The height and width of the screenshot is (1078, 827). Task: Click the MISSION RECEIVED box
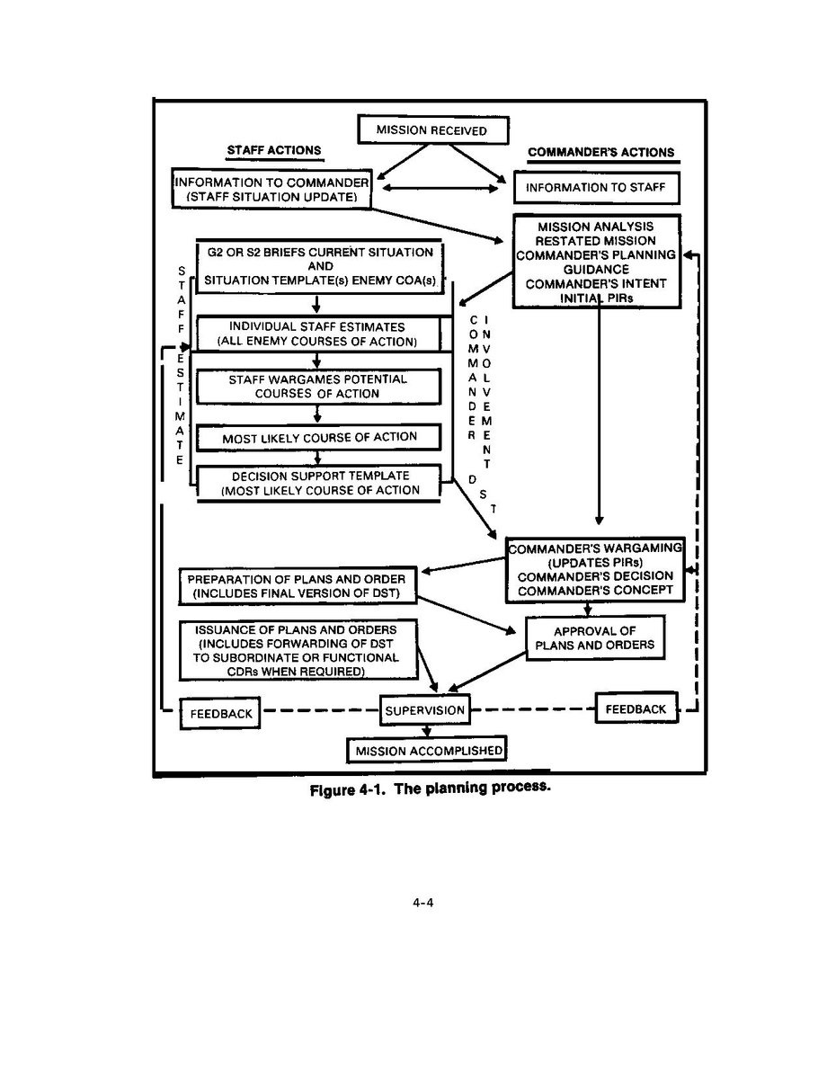433,129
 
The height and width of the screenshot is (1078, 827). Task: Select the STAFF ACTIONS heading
275,150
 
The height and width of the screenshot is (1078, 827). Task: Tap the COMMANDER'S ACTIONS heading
600,152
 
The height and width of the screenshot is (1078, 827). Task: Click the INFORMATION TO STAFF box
596,188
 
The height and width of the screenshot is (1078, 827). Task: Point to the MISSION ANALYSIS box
594,261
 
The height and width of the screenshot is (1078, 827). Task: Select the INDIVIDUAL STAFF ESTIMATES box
316,334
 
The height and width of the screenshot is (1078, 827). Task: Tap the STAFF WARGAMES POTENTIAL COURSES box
317,387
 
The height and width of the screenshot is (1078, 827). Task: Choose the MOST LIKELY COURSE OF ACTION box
319,437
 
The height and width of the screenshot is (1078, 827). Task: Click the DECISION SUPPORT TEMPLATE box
319,483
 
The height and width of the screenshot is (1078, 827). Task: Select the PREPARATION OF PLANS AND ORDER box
297,586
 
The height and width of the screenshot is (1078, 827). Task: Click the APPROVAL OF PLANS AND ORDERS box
594,638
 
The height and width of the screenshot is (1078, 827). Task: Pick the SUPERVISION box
425,710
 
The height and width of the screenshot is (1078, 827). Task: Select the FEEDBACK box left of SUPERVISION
219,714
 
